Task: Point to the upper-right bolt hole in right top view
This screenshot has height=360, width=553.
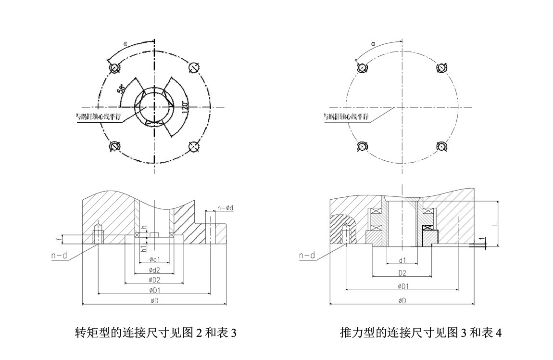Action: (441, 68)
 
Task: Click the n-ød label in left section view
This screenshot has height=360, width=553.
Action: (226, 208)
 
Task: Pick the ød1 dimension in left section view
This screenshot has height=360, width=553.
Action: (154, 259)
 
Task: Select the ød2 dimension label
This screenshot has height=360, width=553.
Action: (154, 270)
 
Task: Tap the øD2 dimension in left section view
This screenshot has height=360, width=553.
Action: (154, 280)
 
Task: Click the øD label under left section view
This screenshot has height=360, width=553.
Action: (154, 301)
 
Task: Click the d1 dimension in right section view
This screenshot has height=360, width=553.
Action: (402, 260)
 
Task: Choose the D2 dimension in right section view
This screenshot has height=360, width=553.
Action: (402, 273)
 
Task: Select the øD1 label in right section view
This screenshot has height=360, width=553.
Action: (402, 286)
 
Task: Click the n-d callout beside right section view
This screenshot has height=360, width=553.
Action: (306, 256)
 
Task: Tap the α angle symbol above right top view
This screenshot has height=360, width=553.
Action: (373, 44)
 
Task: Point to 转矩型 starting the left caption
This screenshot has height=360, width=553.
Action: (88, 333)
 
